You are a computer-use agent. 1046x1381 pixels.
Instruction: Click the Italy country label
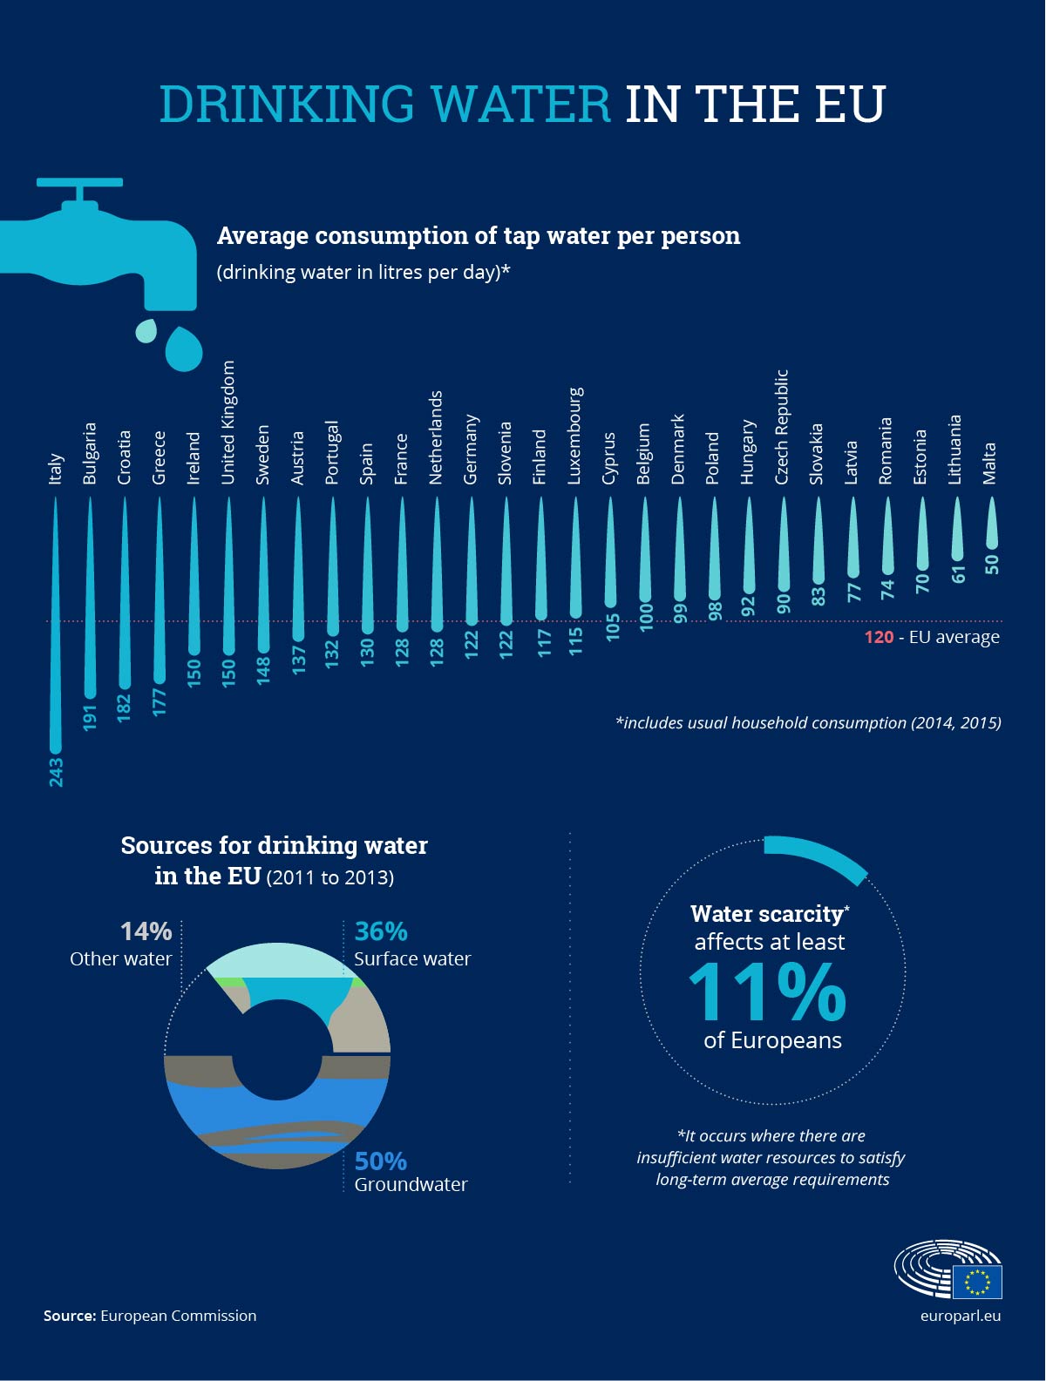pyautogui.click(x=56, y=468)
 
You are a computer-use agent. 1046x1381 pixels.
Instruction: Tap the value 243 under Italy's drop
pyautogui.click(x=56, y=772)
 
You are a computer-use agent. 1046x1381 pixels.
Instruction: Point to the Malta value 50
pyautogui.click(x=991, y=564)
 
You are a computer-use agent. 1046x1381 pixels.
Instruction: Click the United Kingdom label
pyautogui.click(x=228, y=423)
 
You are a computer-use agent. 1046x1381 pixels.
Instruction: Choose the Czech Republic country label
pyautogui.click(x=782, y=427)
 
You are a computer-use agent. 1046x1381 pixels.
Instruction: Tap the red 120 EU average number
pyautogui.click(x=879, y=637)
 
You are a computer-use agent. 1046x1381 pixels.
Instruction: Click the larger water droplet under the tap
pyautogui.click(x=184, y=349)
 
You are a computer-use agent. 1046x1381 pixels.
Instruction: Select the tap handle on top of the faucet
pyautogui.click(x=79, y=183)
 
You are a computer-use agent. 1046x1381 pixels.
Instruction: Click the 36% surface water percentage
pyautogui.click(x=381, y=931)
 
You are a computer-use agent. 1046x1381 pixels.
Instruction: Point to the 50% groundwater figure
pyautogui.click(x=381, y=1161)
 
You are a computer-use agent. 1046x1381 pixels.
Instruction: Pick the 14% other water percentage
pyautogui.click(x=146, y=931)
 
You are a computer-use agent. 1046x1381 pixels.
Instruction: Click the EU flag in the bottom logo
pyautogui.click(x=977, y=1282)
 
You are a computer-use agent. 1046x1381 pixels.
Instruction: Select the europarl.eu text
pyautogui.click(x=960, y=1316)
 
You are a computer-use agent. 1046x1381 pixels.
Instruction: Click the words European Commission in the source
pyautogui.click(x=178, y=1316)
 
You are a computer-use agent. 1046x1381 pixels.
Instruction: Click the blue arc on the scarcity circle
pyautogui.click(x=819, y=855)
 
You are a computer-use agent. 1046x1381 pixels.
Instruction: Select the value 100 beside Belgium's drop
pyautogui.click(x=646, y=617)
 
